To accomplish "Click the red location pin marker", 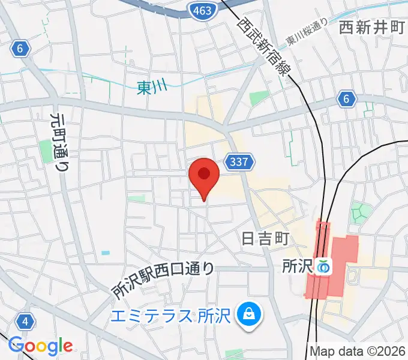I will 204,175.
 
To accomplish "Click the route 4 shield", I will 25,322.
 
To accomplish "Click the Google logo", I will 40,346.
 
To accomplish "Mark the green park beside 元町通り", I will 47,151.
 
